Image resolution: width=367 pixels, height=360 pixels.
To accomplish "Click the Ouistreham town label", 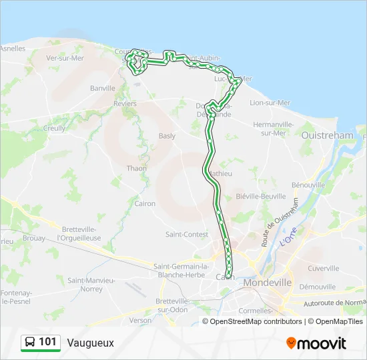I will point(327,135).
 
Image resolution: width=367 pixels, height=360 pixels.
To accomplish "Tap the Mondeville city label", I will point(268,283).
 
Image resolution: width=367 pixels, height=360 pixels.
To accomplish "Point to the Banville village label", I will point(103,88).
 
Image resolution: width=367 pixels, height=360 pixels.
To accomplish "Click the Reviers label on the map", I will point(125,103).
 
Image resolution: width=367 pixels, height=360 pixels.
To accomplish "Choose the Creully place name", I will point(55,128).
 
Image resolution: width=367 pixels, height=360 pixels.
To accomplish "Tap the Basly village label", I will point(167,136).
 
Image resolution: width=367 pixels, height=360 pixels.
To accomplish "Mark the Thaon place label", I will point(136,169).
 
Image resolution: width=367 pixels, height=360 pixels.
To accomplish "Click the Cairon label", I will point(145,204).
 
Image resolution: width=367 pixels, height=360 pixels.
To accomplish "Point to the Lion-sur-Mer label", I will point(270,103).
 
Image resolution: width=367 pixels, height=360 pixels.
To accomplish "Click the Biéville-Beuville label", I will point(261,197).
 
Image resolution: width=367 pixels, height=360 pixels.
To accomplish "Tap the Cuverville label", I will point(324,268).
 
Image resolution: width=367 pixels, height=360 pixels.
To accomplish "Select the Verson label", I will point(141,320).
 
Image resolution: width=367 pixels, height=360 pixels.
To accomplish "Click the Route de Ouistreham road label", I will point(272,227).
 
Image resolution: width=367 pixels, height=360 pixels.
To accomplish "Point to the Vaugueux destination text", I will point(90,343).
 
